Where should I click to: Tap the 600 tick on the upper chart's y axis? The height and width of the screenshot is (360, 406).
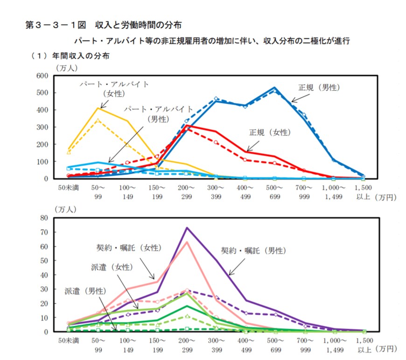click(42, 75)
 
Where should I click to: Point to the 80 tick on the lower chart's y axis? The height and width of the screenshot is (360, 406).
click(45, 218)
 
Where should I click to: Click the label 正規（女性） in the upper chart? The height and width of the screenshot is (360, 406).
click(270, 133)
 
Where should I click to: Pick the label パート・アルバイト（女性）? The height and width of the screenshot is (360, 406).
click(114, 89)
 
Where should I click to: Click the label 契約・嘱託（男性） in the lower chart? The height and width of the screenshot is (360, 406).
click(253, 250)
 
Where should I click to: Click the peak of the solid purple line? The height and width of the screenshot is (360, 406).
click(187, 228)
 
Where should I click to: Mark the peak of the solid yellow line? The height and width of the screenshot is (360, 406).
click(98, 108)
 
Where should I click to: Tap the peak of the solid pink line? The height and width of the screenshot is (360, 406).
click(187, 242)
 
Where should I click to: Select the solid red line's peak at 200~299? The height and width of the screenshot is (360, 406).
click(187, 126)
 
